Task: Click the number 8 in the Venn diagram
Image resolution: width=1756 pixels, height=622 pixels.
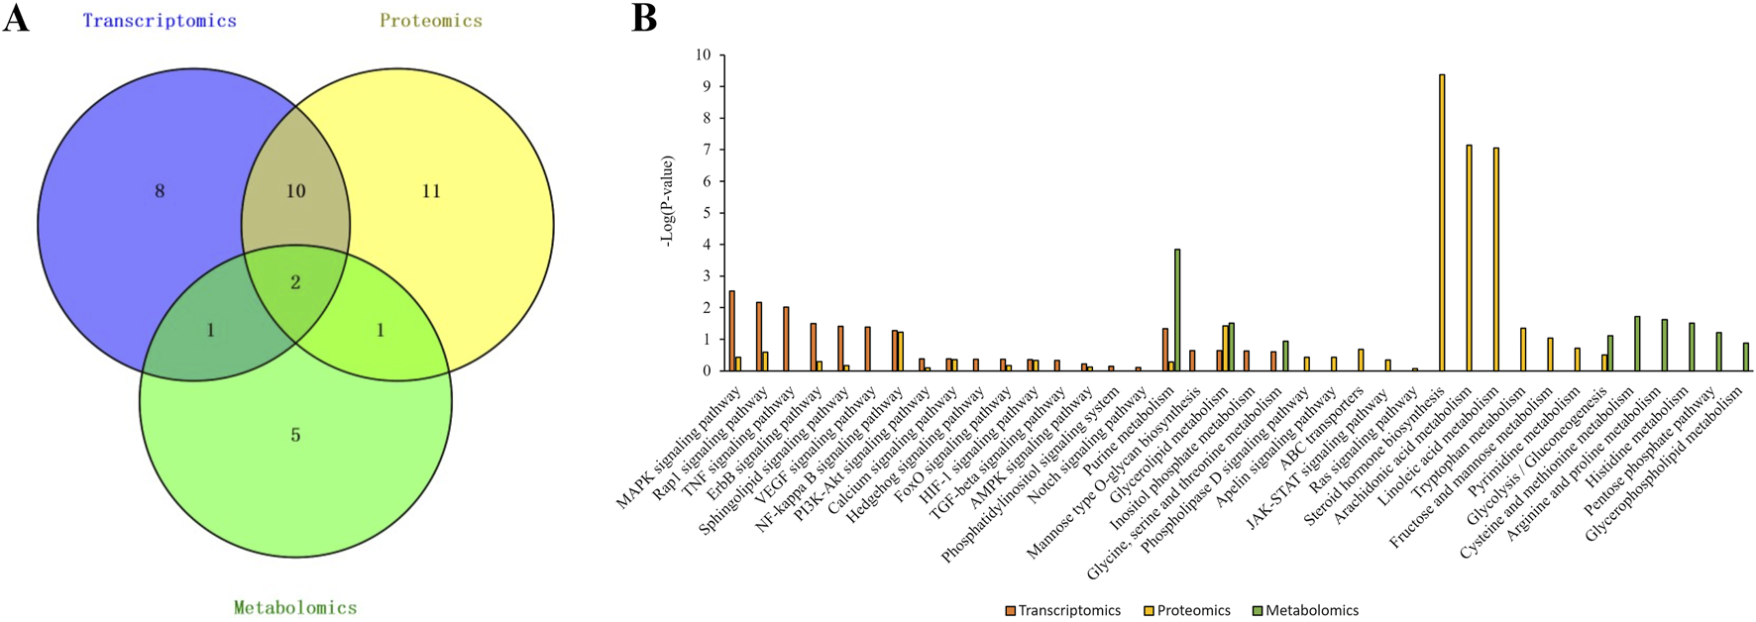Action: (160, 191)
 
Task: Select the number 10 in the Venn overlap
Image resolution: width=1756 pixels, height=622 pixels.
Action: (295, 191)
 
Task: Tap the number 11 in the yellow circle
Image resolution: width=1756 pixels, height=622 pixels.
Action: (430, 191)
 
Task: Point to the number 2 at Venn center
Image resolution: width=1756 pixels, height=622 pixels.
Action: (295, 283)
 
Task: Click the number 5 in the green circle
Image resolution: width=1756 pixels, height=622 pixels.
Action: (295, 435)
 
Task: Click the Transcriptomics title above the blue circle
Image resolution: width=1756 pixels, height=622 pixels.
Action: (160, 21)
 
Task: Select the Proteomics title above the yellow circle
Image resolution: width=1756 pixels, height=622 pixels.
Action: (430, 21)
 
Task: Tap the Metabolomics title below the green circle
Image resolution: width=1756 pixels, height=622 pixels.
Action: (295, 607)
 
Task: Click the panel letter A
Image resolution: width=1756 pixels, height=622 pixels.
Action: (16, 18)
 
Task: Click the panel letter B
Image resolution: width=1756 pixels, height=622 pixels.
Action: (644, 18)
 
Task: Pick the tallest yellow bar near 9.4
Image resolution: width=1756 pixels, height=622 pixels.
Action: (1442, 223)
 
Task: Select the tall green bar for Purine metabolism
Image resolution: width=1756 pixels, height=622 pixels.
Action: (1177, 310)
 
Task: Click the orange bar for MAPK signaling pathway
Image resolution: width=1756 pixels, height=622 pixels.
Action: (731, 331)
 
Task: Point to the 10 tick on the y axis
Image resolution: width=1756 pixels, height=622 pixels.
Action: (704, 54)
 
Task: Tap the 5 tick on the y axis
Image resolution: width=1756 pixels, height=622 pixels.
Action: (707, 213)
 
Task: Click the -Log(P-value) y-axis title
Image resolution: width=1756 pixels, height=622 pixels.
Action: (669, 201)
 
